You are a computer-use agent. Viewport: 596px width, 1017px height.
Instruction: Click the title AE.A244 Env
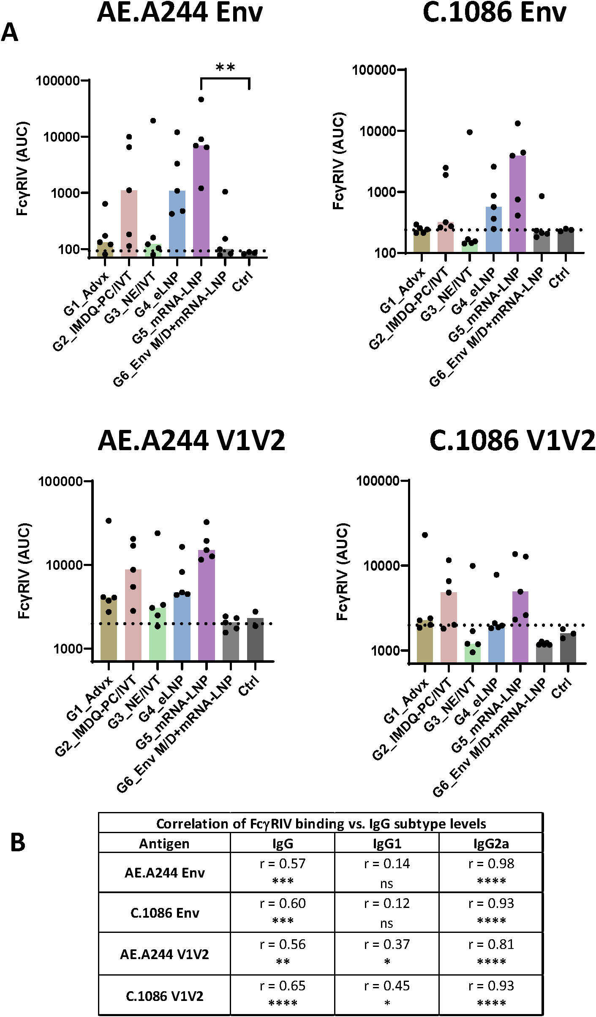(180, 13)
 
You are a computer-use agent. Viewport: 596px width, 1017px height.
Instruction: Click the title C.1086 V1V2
(512, 440)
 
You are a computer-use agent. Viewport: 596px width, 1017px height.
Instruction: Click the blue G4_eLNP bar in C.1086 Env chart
(494, 230)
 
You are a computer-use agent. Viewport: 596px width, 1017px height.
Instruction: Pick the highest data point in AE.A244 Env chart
(201, 99)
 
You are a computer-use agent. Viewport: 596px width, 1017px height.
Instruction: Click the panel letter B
(18, 843)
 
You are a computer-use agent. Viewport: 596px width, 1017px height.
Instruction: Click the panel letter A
(10, 33)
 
